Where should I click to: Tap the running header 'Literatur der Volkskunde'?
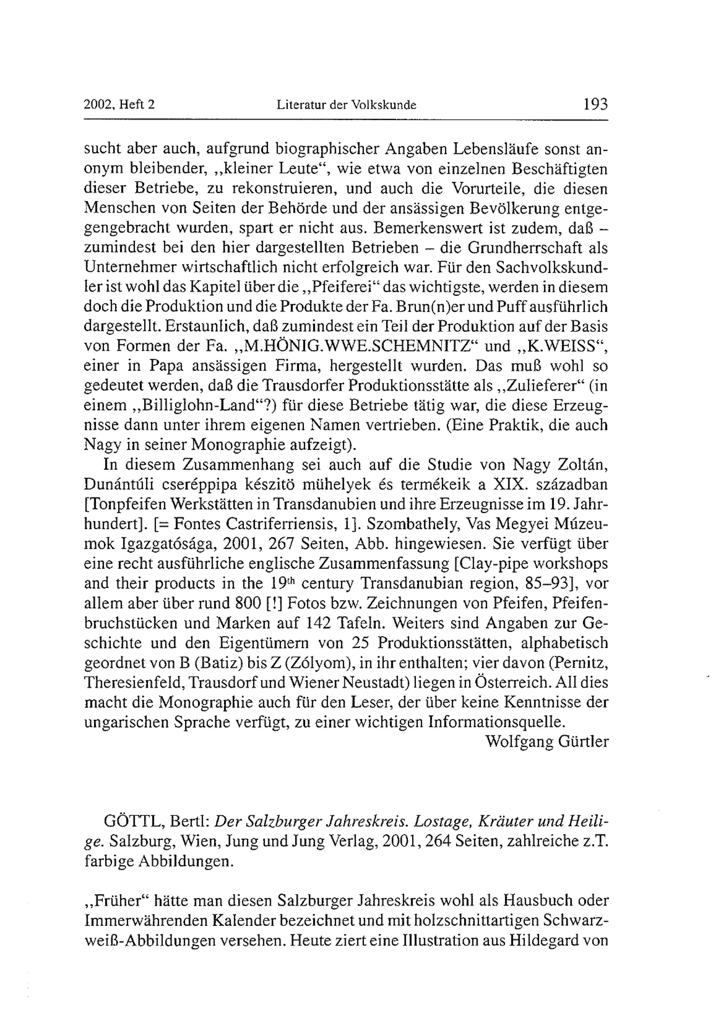coord(346,106)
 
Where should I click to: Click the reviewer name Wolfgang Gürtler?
coord(547,741)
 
